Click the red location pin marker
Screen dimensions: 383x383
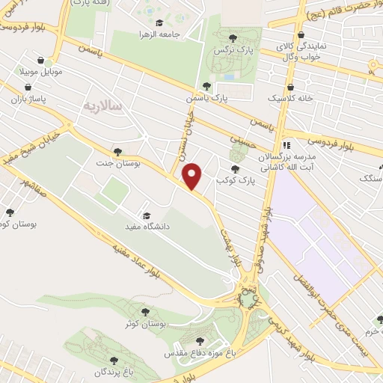pos(193,176)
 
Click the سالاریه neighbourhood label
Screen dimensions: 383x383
pos(108,108)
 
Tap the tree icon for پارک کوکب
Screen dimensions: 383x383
pos(236,169)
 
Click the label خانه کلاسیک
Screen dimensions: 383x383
pos(291,99)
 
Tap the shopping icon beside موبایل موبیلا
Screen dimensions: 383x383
pos(50,64)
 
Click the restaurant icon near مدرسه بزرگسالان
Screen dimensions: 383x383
pos(285,146)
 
